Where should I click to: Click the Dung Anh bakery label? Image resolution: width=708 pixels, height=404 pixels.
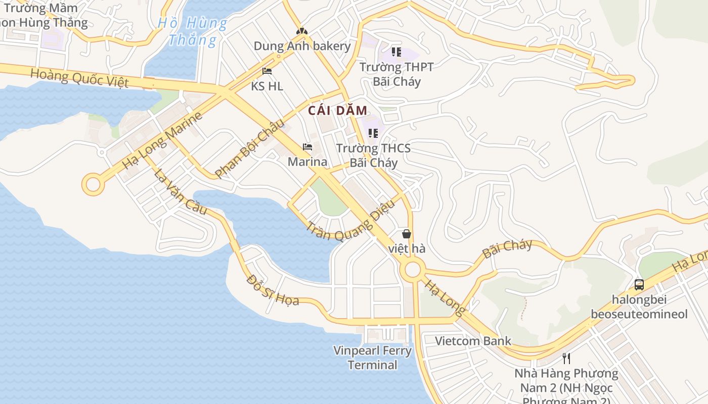[302, 46]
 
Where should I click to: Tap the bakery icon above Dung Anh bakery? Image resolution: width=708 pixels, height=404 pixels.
[302, 32]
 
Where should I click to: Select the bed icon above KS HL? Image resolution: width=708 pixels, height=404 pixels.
[267, 72]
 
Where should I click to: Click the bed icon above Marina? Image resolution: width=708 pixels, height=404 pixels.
[307, 147]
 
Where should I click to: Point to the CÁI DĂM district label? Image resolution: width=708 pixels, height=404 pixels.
[337, 110]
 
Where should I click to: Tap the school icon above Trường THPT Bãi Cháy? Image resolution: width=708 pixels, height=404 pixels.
[396, 52]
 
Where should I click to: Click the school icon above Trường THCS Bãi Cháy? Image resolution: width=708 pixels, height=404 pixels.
[373, 133]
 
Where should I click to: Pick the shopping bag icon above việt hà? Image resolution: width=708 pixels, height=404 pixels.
[406, 234]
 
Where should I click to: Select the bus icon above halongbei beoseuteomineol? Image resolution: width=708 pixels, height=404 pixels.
[639, 285]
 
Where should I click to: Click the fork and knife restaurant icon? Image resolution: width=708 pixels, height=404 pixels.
[566, 359]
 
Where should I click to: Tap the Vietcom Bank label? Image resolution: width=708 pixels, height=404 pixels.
[473, 341]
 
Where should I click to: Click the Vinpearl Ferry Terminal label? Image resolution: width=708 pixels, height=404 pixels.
[373, 358]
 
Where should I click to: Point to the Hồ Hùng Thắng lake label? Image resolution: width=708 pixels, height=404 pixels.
[193, 31]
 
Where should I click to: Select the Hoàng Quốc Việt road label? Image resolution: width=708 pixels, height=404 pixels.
[79, 78]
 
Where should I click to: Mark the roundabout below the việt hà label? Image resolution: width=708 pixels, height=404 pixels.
[413, 270]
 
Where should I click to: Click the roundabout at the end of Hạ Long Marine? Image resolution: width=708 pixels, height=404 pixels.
[93, 184]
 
